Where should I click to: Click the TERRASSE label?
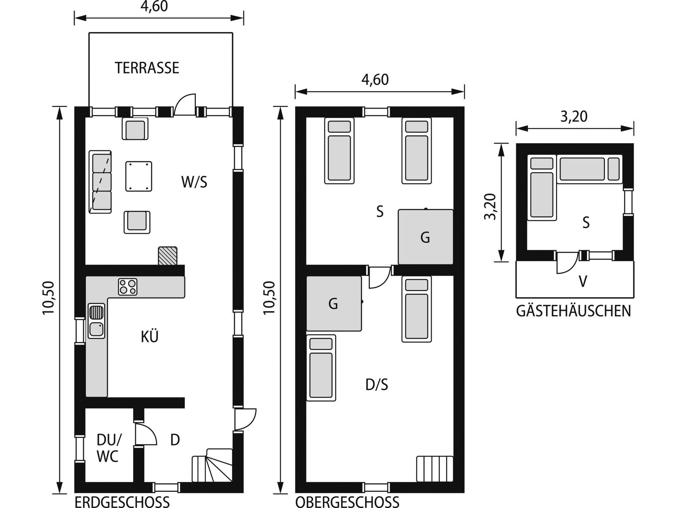coord(147,68)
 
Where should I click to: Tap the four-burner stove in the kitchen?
coord(128,287)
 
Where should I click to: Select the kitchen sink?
coord(96,321)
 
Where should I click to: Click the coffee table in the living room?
coord(139,176)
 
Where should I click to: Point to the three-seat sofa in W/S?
coord(100,182)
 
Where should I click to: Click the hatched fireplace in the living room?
coord(168,256)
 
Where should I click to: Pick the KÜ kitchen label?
coord(150,337)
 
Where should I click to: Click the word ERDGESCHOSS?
coord(122,501)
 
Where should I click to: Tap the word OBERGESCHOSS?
coord(347,501)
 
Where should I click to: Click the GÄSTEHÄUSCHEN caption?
coord(574,311)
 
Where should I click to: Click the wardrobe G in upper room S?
coord(426,237)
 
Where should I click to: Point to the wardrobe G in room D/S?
coord(334,303)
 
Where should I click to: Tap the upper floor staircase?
coord(435,469)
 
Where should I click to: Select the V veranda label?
coord(583,282)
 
